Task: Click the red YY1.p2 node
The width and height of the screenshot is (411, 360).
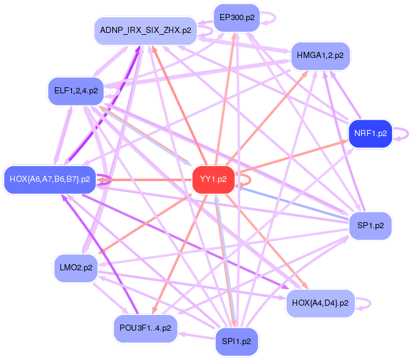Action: point(213,179)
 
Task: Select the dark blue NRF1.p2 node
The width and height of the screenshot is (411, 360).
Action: point(370,134)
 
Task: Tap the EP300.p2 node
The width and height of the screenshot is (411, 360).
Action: point(237,18)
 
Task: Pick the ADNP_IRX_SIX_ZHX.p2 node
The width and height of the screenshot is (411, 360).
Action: point(146,30)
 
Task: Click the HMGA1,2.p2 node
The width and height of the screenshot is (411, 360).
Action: point(320,56)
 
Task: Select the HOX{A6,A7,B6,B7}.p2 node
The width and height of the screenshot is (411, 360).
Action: point(50,179)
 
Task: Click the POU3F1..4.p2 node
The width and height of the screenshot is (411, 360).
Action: point(146,328)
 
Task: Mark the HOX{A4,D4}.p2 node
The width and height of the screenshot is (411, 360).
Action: point(320,303)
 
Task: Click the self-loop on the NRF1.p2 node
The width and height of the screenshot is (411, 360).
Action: point(402,134)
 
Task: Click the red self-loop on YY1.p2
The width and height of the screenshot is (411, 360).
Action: point(247,179)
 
